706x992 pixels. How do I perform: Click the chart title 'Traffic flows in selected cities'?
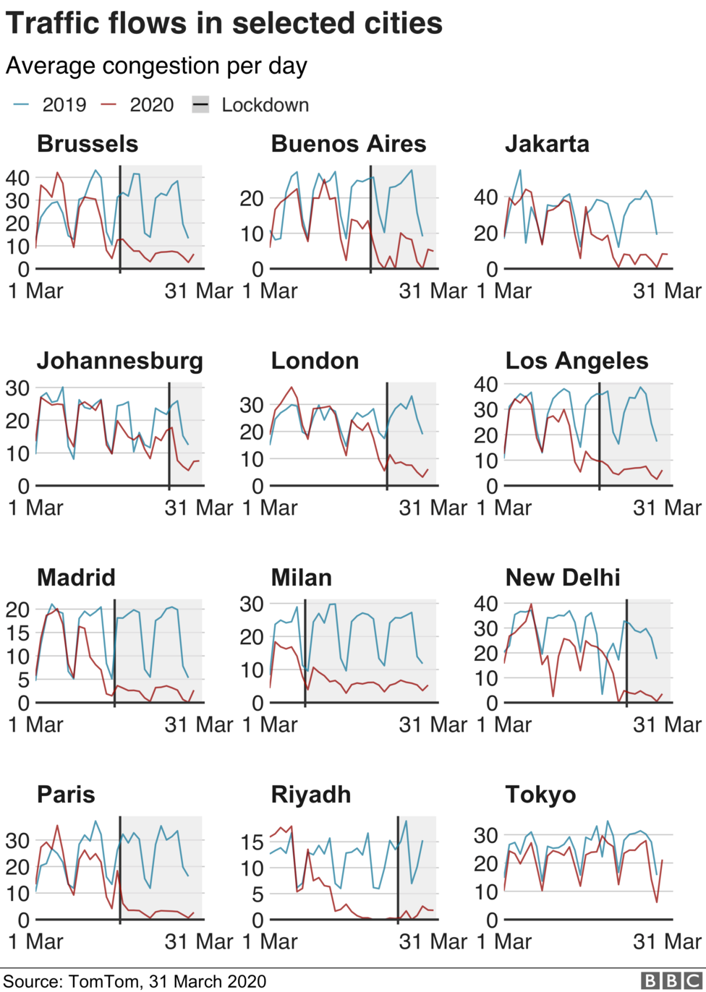coord(224,24)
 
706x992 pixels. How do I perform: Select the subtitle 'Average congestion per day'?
coord(156,66)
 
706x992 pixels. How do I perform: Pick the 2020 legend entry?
coord(138,105)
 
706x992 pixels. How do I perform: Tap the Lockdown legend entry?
coord(251,105)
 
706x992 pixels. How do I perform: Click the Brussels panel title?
coord(88,144)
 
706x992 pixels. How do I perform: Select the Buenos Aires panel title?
coord(349,144)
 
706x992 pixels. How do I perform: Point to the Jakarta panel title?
coord(547,144)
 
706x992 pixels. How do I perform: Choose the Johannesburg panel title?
coord(120,361)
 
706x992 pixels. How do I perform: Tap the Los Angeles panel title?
coord(577,361)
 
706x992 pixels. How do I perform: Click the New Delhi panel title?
coord(563,578)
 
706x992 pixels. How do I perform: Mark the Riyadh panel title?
coord(311,795)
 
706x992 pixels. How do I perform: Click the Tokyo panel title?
coord(540,795)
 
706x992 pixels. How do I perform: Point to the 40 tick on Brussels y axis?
coord(18,178)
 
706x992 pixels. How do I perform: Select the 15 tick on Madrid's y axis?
coord(18,633)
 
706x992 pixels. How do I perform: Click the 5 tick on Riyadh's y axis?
coord(258,894)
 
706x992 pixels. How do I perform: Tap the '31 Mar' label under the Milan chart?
coord(433,724)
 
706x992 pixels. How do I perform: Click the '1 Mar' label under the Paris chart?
coord(35,941)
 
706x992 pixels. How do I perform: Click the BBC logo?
coord(671,980)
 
